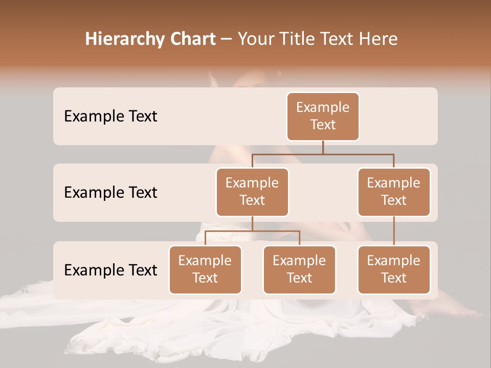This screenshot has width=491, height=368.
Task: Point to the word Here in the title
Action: [377, 39]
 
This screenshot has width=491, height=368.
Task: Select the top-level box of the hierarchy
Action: [323, 116]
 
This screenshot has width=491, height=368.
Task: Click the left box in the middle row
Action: [252, 192]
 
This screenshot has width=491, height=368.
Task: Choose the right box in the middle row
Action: [394, 192]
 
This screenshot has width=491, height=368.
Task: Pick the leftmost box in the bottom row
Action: [205, 269]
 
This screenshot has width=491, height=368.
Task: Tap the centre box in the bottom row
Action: [299, 269]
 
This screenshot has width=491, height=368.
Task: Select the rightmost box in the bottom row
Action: [394, 269]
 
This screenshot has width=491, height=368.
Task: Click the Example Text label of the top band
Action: [110, 117]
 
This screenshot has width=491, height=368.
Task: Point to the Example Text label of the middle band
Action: [110, 193]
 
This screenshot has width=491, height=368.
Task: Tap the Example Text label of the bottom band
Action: [110, 270]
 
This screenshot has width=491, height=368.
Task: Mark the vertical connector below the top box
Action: [323, 147]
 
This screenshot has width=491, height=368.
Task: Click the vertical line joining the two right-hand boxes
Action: [394, 231]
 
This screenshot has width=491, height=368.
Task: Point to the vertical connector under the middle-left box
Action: [252, 223]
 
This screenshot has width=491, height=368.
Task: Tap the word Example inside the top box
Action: [323, 107]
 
